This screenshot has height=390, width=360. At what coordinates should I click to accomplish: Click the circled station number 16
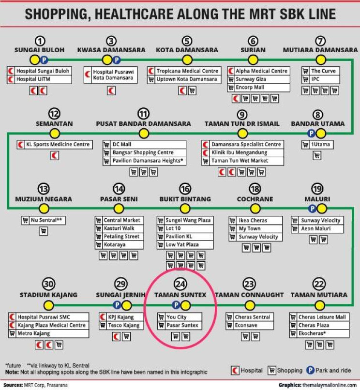pyautogui.click(x=185, y=189)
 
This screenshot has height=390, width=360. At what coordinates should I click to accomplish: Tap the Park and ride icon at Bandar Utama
pyautogui.click(x=311, y=134)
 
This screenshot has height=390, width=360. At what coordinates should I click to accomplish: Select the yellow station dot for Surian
pyautogui.click(x=253, y=60)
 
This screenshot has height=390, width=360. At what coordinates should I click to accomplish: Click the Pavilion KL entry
pyautogui.click(x=185, y=236)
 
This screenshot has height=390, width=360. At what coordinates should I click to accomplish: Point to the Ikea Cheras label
pyautogui.click(x=253, y=220)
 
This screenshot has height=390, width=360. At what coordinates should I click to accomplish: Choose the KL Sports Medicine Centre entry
pyautogui.click(x=55, y=145)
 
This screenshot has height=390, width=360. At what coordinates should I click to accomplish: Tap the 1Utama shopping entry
pyautogui.click(x=317, y=145)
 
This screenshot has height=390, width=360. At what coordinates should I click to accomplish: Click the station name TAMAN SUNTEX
pyautogui.click(x=180, y=295)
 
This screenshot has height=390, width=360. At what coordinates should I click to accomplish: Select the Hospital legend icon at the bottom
pyautogui.click(x=235, y=370)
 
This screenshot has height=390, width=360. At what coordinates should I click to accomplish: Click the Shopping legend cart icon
pyautogui.click(x=271, y=370)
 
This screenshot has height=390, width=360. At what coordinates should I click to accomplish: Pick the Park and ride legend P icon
pyautogui.click(x=310, y=370)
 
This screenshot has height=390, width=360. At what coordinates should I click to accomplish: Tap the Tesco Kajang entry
pyautogui.click(x=121, y=325)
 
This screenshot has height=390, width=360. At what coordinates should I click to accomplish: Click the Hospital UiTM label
pyautogui.click(x=33, y=79)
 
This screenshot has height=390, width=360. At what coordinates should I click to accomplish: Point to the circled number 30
pyautogui.click(x=48, y=284)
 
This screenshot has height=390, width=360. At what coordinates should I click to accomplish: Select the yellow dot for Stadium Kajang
pyautogui.click(x=48, y=305)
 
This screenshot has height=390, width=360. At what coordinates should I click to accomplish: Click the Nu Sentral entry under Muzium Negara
pyautogui.click(x=44, y=220)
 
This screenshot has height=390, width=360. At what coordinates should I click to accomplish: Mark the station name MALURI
pyautogui.click(x=317, y=199)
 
